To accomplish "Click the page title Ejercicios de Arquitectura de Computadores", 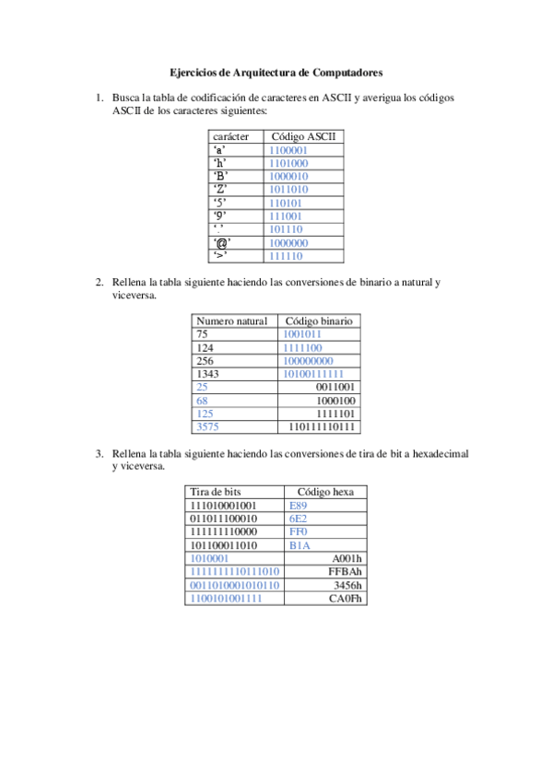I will click(x=276, y=71).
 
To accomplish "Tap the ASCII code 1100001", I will click(x=288, y=150).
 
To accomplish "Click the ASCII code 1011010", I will click(x=288, y=190).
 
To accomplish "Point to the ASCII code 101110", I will click(x=286, y=229).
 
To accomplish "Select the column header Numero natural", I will click(x=232, y=321).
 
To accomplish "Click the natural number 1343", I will click(x=209, y=374).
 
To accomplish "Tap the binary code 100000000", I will click(x=308, y=361).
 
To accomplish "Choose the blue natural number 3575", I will click(x=208, y=427).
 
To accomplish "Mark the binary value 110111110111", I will click(x=323, y=427).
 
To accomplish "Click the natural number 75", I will click(x=203, y=334).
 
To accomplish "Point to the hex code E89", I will click(x=299, y=506).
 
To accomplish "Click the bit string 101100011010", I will click(x=223, y=545).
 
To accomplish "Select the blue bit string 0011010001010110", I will click(x=234, y=585).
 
